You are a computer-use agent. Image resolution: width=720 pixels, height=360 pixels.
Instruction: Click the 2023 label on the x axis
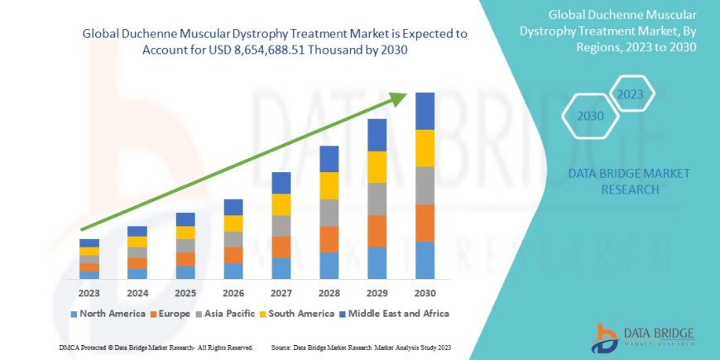click(89, 293)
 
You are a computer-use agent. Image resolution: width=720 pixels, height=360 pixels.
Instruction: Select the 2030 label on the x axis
click(425, 293)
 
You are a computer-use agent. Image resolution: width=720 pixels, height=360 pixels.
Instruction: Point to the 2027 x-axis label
click(281, 293)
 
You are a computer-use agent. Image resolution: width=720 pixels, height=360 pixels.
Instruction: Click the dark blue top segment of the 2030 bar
click(425, 111)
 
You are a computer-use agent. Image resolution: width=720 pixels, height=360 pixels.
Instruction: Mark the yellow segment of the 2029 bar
click(377, 167)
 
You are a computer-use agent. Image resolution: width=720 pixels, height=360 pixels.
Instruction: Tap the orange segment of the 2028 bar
click(329, 239)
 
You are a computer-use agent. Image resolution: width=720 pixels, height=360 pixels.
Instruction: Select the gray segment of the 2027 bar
click(281, 226)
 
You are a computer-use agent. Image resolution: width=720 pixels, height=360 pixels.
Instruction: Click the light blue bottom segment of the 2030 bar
click(425, 260)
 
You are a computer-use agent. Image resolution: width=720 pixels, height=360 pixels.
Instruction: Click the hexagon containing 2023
click(630, 94)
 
